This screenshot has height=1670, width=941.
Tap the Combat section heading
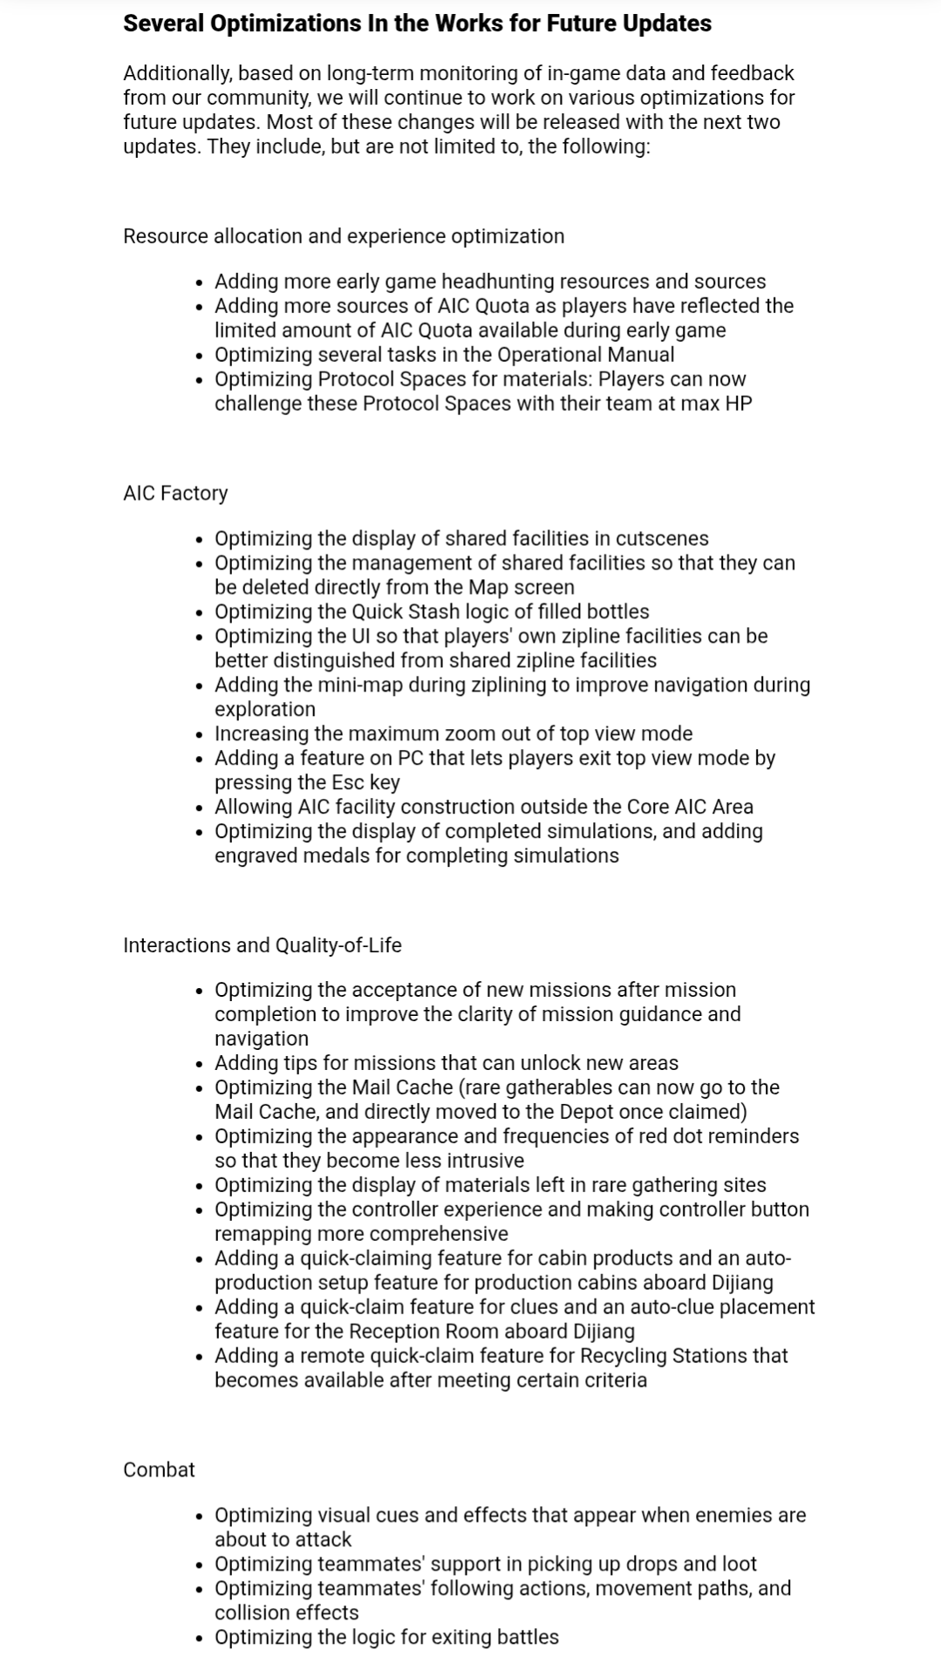click(159, 1469)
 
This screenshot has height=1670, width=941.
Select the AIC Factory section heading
click(175, 493)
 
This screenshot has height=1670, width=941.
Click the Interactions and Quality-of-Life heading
click(262, 945)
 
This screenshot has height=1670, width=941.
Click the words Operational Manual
click(585, 355)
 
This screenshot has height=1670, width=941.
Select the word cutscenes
click(662, 539)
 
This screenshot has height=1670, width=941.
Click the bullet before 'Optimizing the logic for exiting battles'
click(201, 1638)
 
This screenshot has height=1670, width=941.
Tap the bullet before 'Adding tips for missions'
click(201, 1064)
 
